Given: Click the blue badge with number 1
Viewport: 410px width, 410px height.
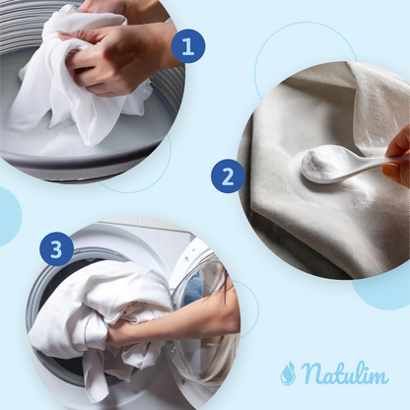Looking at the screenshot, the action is click(x=188, y=46).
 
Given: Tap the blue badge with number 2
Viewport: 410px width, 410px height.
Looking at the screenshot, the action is click(x=228, y=175).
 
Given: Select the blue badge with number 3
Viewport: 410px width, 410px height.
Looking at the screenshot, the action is click(x=56, y=248).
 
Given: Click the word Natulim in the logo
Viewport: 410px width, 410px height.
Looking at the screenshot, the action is click(x=344, y=373).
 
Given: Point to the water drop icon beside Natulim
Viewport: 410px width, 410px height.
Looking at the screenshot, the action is click(x=288, y=373).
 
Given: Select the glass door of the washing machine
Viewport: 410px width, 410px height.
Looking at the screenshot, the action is click(x=204, y=315).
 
